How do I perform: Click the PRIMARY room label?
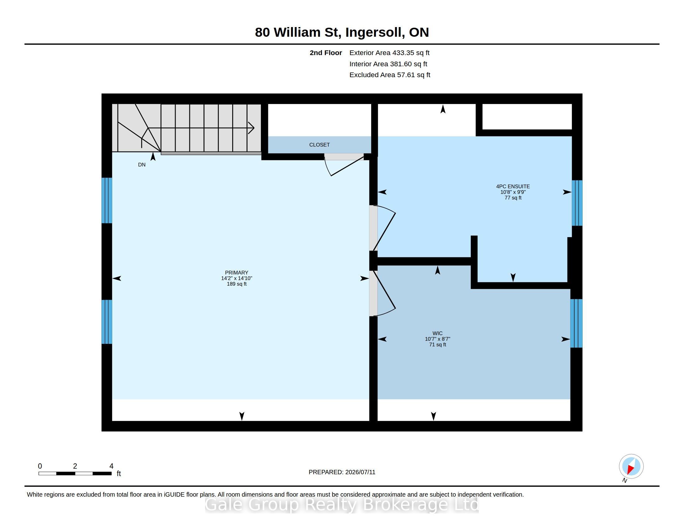click(x=237, y=273)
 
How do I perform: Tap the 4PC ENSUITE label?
click(x=513, y=186)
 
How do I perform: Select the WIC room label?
click(x=437, y=334)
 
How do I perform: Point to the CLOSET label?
click(x=319, y=145)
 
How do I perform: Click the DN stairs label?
click(x=142, y=165)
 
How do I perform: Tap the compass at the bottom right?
click(x=631, y=466)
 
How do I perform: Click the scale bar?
click(x=75, y=474)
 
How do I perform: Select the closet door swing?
click(x=344, y=165)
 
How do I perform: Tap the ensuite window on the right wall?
click(x=577, y=203)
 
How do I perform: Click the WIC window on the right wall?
click(x=576, y=323)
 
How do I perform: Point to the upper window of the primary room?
click(x=107, y=201)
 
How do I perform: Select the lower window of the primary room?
click(x=107, y=322)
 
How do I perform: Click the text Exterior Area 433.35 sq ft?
click(x=389, y=53)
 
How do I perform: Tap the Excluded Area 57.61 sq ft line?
click(x=390, y=75)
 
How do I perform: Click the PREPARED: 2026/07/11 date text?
click(x=342, y=472)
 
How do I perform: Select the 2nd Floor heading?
click(x=326, y=53)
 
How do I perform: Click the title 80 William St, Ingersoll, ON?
click(x=342, y=32)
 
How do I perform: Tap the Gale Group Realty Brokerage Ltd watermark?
click(x=342, y=505)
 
